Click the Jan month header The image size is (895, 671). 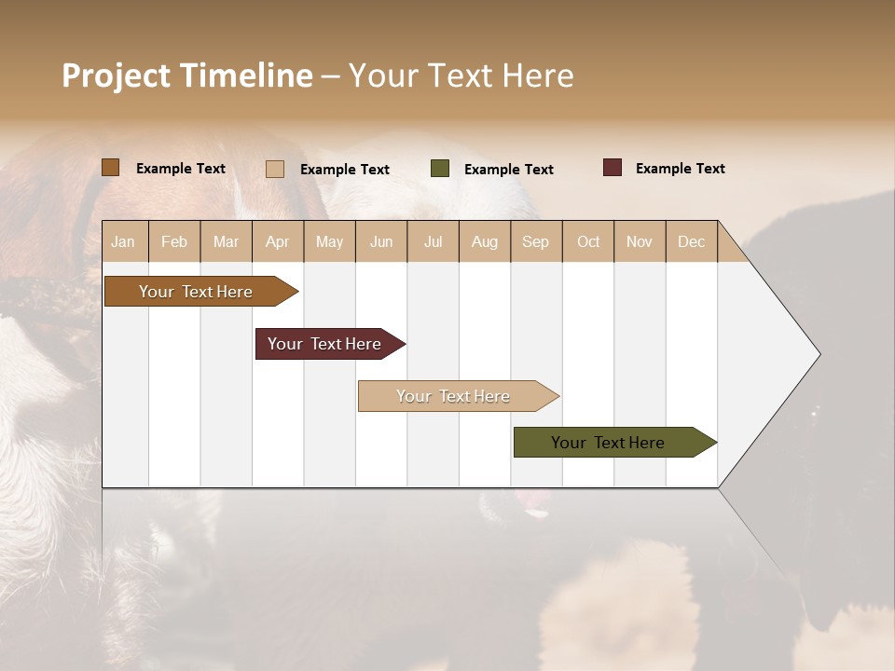(124, 241)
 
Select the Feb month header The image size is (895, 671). (174, 241)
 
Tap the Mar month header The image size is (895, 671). (226, 241)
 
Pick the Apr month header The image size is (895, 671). (278, 241)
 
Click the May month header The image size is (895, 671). (329, 241)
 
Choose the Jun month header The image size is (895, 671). (381, 241)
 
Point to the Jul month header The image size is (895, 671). (433, 241)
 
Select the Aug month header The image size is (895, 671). (485, 241)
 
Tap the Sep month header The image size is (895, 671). (536, 241)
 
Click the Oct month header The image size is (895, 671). (588, 241)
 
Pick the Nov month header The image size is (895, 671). (640, 241)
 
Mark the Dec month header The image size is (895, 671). (692, 241)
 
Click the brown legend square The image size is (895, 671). (111, 168)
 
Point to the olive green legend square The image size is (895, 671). (440, 169)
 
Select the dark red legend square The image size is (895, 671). (613, 168)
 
